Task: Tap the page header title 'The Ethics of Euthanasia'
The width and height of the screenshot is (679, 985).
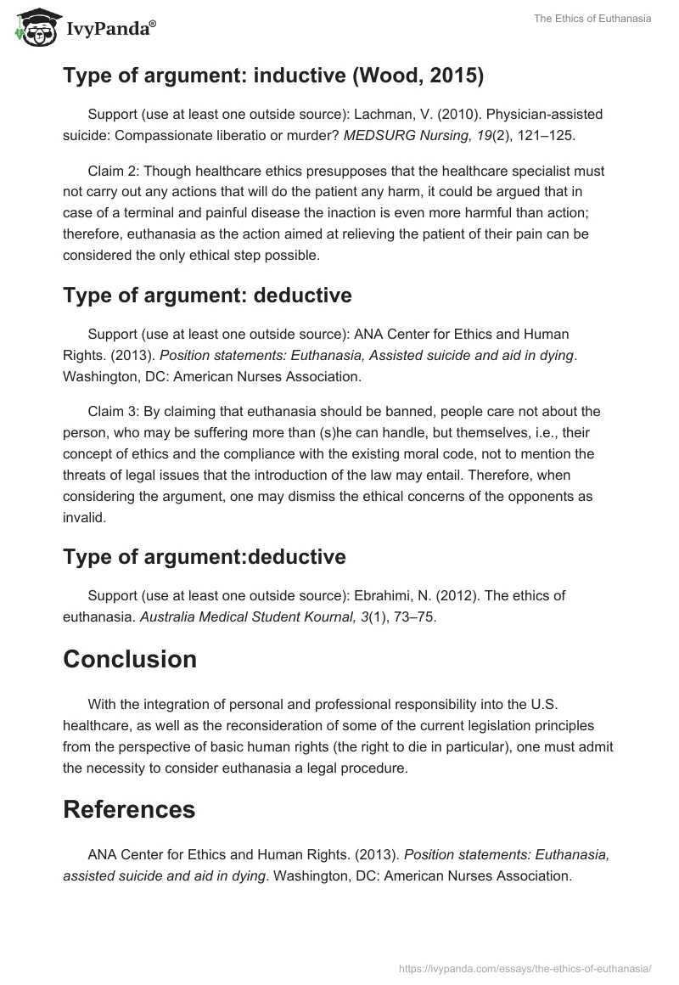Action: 592,19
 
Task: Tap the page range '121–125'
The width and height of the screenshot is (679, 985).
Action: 551,133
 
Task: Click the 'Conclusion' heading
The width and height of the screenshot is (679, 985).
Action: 130,660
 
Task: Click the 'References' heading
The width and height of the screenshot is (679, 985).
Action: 129,809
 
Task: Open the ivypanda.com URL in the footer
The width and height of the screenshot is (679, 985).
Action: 525,967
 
